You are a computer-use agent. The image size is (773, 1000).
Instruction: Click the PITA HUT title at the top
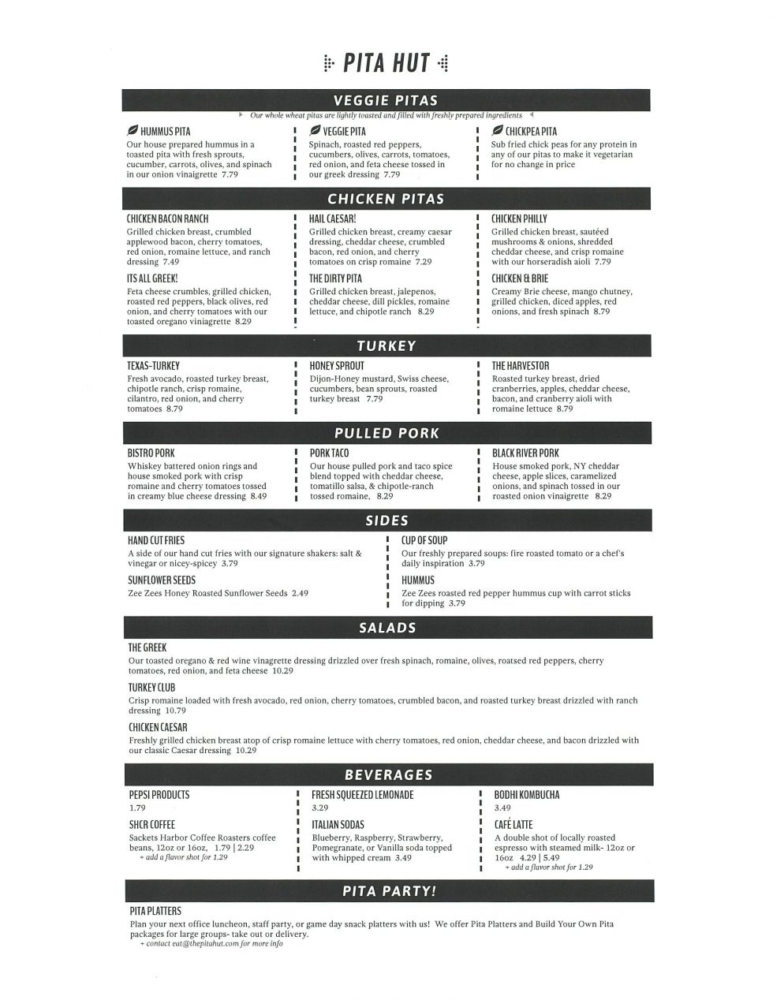click(386, 64)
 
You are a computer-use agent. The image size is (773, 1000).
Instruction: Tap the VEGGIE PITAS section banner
click(386, 101)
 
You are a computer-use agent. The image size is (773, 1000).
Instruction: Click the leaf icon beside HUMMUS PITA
click(132, 131)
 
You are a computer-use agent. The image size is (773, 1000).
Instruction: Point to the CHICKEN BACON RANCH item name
click(167, 218)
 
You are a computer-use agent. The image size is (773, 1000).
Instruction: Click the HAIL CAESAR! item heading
click(332, 218)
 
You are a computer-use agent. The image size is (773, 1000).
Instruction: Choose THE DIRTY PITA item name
click(335, 278)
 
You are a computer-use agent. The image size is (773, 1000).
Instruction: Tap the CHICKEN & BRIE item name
click(519, 278)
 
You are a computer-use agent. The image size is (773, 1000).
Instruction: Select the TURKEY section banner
click(386, 345)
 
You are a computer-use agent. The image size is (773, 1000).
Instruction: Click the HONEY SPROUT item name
click(337, 366)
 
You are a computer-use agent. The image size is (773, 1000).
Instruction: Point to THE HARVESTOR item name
click(520, 366)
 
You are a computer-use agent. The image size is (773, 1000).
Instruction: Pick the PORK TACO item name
click(329, 453)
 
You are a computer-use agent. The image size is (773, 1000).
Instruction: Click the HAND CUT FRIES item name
click(156, 540)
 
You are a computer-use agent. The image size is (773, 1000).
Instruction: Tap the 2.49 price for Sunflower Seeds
click(300, 593)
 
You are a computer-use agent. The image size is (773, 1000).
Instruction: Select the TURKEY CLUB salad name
click(151, 688)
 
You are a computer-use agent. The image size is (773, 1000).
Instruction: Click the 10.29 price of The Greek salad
click(282, 671)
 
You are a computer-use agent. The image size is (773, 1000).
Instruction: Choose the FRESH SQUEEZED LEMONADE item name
click(362, 795)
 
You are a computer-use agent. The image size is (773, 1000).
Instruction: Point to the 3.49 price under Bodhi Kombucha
click(502, 808)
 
